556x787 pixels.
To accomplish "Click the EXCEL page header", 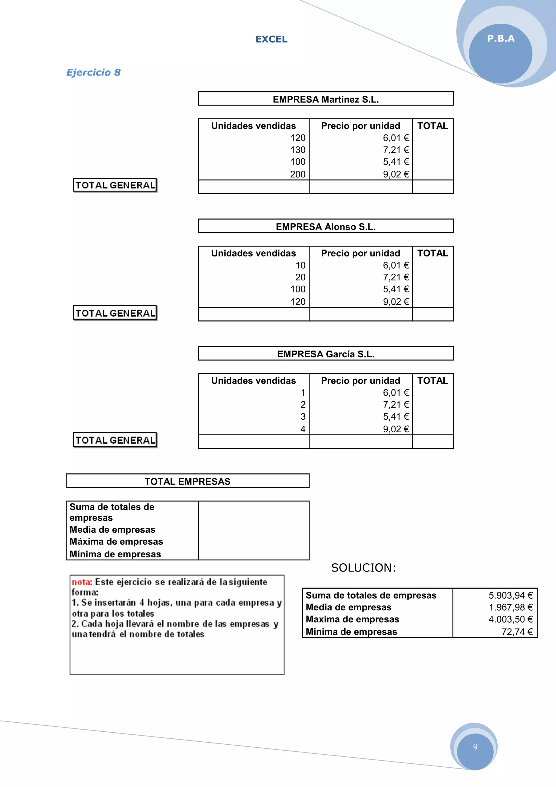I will pyautogui.click(x=271, y=39).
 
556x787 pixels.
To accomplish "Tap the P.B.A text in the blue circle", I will pyautogui.click(x=501, y=38).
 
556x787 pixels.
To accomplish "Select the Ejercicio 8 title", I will pyautogui.click(x=93, y=72).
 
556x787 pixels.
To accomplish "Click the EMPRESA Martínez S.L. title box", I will pyautogui.click(x=326, y=99).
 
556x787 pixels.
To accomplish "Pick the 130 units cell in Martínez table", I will pyautogui.click(x=298, y=150).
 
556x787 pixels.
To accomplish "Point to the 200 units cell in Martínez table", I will pyautogui.click(x=298, y=174).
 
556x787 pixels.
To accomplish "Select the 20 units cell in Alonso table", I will pyautogui.click(x=300, y=277).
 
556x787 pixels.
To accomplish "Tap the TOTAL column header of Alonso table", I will pyautogui.click(x=432, y=253).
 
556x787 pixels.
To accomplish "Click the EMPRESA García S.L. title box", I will pyautogui.click(x=326, y=354).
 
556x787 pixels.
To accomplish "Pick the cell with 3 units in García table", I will pyautogui.click(x=303, y=417).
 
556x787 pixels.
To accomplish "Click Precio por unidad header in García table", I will pyautogui.click(x=360, y=380).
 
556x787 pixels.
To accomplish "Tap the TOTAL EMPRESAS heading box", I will pyautogui.click(x=187, y=481).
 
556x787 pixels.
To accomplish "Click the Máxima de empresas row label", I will pyautogui.click(x=116, y=541).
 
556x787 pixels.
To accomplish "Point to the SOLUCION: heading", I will pyautogui.click(x=363, y=568).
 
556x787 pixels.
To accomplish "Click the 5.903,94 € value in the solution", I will pyautogui.click(x=510, y=595).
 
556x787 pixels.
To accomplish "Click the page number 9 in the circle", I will pyautogui.click(x=475, y=747).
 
